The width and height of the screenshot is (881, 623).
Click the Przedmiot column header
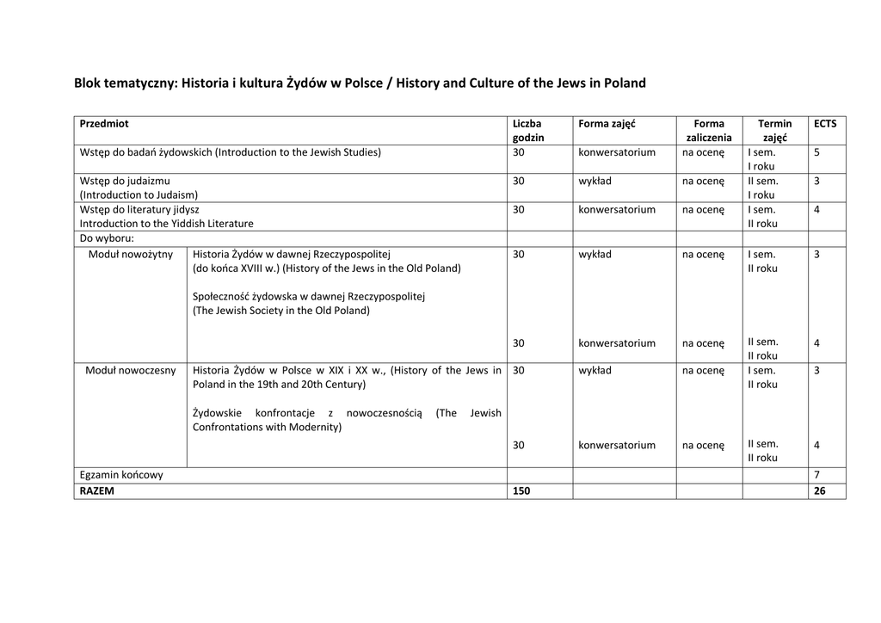104,124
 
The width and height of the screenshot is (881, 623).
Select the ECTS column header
824,124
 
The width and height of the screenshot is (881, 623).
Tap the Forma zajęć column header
607,124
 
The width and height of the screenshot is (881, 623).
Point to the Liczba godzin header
528,131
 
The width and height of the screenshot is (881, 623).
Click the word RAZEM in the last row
97,491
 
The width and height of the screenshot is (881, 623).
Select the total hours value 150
522,491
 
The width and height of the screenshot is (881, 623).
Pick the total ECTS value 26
819,491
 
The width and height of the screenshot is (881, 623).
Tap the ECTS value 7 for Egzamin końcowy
816,475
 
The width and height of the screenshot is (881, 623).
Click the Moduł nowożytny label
131,255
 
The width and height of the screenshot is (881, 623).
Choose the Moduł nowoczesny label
131,371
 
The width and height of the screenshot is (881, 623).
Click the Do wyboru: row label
107,238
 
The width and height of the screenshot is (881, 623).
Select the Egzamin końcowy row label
121,475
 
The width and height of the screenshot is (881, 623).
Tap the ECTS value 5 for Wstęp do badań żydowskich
816,153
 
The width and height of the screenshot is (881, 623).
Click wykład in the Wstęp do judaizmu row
595,182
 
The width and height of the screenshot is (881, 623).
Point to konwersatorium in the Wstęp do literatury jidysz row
617,210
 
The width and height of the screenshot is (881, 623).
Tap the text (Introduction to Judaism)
139,195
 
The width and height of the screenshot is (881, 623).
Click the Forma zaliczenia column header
709,131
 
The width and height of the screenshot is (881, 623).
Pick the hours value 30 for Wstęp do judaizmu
519,182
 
